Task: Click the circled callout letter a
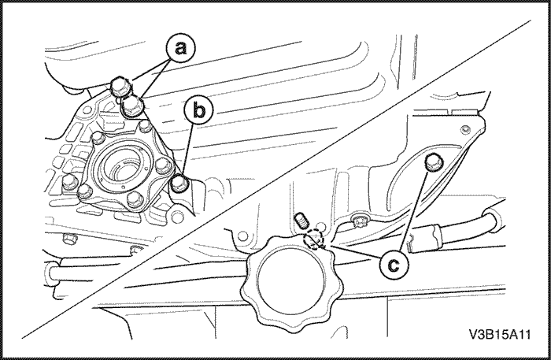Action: point(181,48)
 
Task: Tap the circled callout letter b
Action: point(198,110)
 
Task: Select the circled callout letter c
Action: point(394,264)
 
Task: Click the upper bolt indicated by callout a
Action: point(120,86)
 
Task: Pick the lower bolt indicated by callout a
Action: point(132,106)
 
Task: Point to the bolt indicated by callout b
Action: point(179,184)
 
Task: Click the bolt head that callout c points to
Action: point(434,162)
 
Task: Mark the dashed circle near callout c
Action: point(313,239)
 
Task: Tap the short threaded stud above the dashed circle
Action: point(301,220)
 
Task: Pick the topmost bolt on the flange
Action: point(144,127)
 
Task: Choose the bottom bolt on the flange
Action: point(135,199)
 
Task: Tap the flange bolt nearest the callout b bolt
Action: point(163,165)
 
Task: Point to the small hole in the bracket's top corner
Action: point(466,129)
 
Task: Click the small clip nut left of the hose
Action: point(359,221)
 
